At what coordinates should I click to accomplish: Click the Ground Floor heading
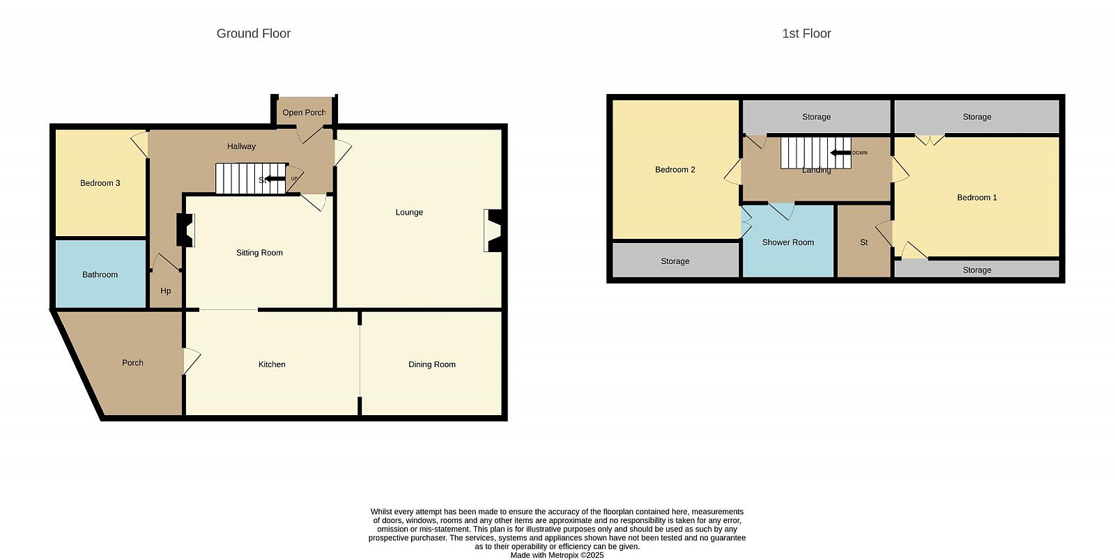[x=254, y=33]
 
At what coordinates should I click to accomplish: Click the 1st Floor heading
[x=806, y=33]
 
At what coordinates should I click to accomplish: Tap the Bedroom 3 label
[x=100, y=183]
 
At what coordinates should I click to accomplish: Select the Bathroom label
[x=100, y=274]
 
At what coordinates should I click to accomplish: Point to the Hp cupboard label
[x=166, y=291]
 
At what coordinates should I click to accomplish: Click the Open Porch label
[x=304, y=112]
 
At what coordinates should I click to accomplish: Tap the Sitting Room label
[x=259, y=253]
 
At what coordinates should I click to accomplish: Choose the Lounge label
[x=409, y=212]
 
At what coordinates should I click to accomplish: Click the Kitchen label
[x=272, y=364]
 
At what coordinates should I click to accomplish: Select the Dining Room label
[x=432, y=364]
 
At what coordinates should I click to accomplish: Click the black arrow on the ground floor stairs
[x=275, y=179]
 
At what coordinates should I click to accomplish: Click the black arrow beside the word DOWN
[x=840, y=153]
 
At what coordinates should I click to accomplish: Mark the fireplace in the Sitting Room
[x=185, y=230]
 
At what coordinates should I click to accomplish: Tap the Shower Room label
[x=788, y=242]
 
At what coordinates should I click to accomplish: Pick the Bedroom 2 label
[x=675, y=169]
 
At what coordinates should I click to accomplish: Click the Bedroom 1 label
[x=977, y=197]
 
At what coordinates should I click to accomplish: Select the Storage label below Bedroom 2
[x=675, y=261]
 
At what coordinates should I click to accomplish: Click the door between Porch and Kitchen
[x=191, y=361]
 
